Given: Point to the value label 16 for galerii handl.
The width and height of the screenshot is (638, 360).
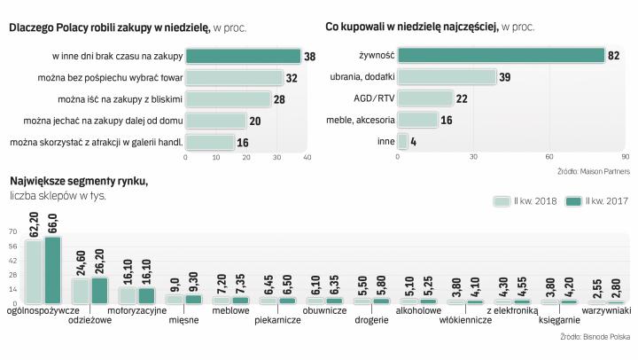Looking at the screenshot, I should pos(243,142).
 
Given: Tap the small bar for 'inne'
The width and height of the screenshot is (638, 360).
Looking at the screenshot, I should pos(402,141).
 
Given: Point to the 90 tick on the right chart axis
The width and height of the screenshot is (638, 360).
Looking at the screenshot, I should pos(625,158).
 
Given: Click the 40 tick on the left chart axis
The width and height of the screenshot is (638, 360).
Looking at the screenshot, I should pos(307,158).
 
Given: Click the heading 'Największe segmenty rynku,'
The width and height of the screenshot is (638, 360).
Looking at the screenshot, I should pos(78,181).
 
